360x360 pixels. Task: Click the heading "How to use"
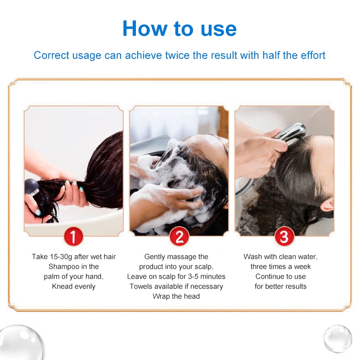click(180, 28)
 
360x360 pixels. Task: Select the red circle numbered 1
click(73, 237)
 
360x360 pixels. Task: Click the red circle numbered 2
click(179, 237)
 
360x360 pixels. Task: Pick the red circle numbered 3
click(284, 237)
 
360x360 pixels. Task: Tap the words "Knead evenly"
click(74, 286)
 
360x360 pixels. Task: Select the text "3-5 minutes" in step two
click(207, 276)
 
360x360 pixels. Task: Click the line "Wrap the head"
click(176, 296)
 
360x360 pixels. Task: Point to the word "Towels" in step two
click(139, 286)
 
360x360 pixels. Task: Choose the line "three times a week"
click(280, 266)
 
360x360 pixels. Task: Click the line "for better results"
click(280, 286)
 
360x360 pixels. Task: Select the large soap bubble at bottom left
click(21, 342)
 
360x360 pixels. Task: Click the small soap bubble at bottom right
click(338, 339)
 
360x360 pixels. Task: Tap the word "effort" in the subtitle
click(313, 55)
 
